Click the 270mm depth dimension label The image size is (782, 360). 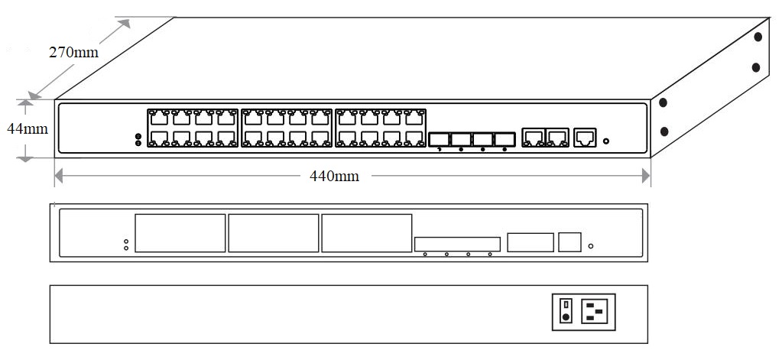pos(74,53)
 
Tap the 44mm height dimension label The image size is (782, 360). pos(28,129)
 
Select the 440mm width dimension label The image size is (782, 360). pos(334,177)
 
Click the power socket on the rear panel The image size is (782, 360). pos(598,312)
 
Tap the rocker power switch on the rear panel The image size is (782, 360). pos(566,312)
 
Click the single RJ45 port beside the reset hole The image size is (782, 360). pos(585,138)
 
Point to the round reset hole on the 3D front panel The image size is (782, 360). pos(606,141)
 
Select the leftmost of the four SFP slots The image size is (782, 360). pos(439,139)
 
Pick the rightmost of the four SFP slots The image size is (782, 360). pos(505,139)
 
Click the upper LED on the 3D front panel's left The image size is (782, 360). pos(138,136)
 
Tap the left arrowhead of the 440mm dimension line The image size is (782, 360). pos(58,177)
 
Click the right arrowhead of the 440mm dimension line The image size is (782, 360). pos(646,177)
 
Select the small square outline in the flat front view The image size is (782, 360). pos(569,242)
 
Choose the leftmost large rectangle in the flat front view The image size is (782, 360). pos(180,233)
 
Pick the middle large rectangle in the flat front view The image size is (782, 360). pos(273,233)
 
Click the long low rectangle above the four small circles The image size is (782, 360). pos(457,245)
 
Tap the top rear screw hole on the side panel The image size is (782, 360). pos(758,36)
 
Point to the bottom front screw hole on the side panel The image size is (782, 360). pos(663,131)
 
